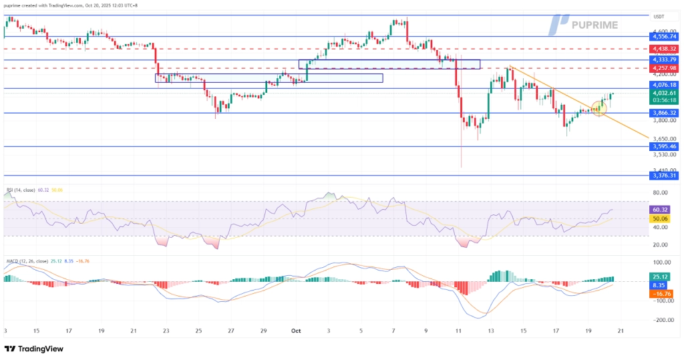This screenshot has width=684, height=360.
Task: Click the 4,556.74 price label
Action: point(665,37)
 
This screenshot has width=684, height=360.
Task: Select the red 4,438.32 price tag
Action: point(665,49)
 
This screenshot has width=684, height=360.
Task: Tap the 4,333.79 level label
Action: point(665,59)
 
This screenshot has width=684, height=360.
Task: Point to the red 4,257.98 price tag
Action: point(665,68)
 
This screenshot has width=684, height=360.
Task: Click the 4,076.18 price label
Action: point(665,85)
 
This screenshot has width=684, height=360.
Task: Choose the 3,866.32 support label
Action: point(665,114)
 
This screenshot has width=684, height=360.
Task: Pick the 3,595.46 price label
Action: point(665,146)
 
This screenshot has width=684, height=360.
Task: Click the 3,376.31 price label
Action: point(665,176)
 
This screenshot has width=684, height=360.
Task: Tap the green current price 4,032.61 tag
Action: point(665,94)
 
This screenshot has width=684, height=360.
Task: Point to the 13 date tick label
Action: point(490,330)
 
